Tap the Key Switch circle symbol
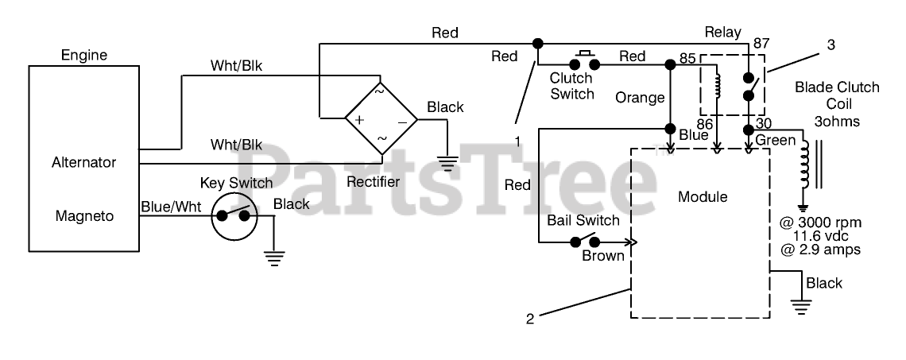tap(233, 216)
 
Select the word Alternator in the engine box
tap(83, 162)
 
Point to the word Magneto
tap(84, 216)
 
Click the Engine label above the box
tap(84, 56)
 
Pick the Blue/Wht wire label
tap(171, 207)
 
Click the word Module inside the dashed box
tap(703, 197)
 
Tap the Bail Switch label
tap(583, 220)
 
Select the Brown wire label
tap(603, 256)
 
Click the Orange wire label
tap(640, 98)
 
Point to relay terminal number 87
tap(762, 44)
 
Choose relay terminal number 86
tap(704, 123)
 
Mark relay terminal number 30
tap(763, 123)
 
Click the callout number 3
tap(830, 45)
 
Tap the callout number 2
tap(530, 319)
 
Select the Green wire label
tap(776, 141)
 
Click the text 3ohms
tap(837, 122)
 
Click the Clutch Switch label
tap(571, 86)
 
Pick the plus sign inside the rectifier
tap(358, 120)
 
